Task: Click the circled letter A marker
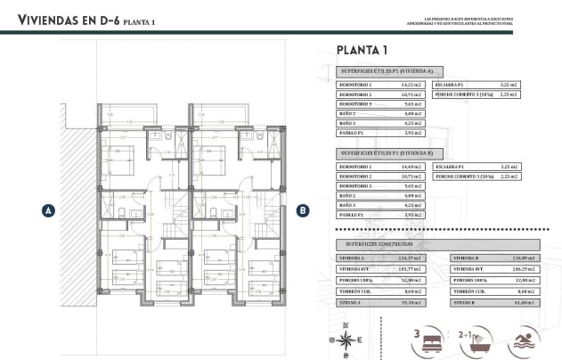pyautogui.click(x=48, y=210)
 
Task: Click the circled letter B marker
pyautogui.click(x=303, y=210)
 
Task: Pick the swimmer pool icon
pyautogui.click(x=519, y=340)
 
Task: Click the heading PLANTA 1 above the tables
pyautogui.click(x=362, y=49)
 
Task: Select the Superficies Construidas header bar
pyautogui.click(x=437, y=243)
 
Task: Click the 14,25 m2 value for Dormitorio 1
pyautogui.click(x=411, y=85)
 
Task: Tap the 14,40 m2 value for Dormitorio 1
pyautogui.click(x=411, y=167)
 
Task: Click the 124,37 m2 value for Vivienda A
pyautogui.click(x=411, y=257)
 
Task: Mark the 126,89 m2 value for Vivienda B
pyautogui.click(x=523, y=257)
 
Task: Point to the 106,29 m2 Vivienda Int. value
pyautogui.click(x=523, y=267)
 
